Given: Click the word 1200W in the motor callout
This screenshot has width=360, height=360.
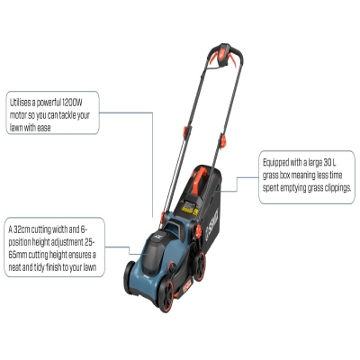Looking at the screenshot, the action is coord(71,103).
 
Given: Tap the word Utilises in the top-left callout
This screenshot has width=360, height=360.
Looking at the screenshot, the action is coord(20,103).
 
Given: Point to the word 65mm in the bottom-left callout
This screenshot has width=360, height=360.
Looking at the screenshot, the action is coord(18,255).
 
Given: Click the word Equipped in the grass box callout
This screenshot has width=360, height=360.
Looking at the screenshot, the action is coord(276,163).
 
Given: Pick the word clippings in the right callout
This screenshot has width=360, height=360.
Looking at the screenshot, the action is coord(337,188).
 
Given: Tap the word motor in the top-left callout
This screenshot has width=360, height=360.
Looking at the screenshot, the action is coord(18,115).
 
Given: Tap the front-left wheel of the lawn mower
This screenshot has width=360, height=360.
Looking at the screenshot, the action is coord(130,276).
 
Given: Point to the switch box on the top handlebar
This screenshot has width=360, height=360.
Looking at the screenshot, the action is coord(225,55).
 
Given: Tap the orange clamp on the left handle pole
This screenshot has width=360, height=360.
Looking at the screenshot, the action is coord(187,131).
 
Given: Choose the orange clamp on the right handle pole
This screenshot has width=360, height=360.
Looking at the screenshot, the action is coord(223,140).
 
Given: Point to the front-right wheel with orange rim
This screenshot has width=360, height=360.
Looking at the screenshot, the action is coord(166,295).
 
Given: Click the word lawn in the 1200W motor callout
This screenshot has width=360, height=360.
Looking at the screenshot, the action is coord(16,128).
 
